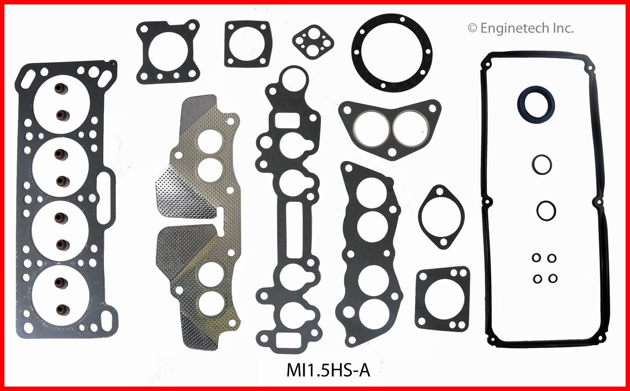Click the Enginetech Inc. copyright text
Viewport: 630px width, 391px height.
(x=520, y=29)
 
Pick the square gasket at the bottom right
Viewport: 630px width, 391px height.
(x=442, y=299)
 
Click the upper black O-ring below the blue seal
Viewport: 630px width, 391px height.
(x=541, y=165)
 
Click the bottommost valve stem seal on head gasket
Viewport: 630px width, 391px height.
(x=62, y=309)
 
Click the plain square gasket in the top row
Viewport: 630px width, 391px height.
(x=247, y=44)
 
